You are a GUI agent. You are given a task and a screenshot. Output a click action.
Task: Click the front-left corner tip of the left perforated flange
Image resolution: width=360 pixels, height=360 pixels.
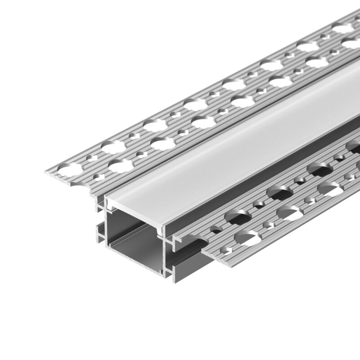point(46,173)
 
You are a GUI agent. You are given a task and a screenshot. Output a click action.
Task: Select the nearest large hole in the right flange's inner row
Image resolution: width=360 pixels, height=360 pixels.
point(234,218)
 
